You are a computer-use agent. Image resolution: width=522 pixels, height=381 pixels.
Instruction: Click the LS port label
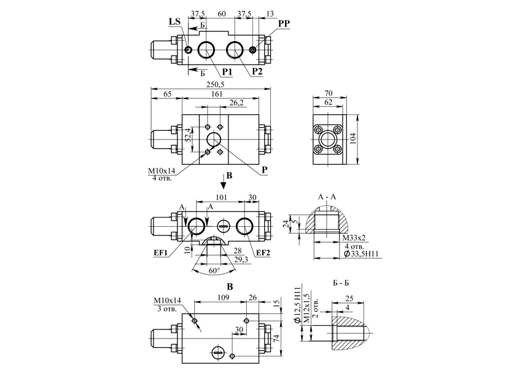(174, 22)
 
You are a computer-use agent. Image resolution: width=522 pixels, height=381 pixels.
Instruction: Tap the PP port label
(284, 23)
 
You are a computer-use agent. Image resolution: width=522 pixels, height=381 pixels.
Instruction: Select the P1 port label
(227, 71)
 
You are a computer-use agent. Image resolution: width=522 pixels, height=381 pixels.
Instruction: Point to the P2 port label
(257, 71)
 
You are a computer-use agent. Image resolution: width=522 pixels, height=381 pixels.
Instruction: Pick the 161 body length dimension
(217, 94)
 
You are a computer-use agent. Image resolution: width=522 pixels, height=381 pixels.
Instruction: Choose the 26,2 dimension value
(236, 103)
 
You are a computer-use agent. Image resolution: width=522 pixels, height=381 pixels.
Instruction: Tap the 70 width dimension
(329, 93)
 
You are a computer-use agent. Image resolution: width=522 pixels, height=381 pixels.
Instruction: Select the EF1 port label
(160, 253)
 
